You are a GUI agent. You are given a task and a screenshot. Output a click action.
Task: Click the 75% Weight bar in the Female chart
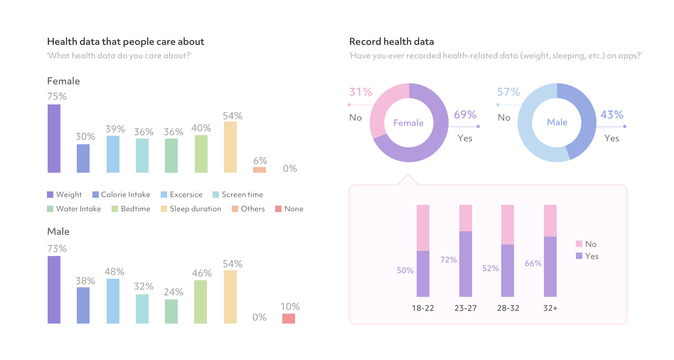(x=54, y=138)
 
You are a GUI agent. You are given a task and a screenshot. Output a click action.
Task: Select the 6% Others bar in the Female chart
(x=260, y=170)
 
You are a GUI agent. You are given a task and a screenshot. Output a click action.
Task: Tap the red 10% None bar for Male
(x=289, y=318)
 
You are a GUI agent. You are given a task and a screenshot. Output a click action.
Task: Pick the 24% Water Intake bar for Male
(x=171, y=311)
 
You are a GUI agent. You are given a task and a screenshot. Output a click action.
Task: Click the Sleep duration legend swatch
(x=164, y=209)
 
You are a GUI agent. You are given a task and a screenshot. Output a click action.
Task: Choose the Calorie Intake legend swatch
(x=96, y=195)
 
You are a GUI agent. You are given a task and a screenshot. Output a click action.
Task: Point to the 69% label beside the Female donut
(x=465, y=115)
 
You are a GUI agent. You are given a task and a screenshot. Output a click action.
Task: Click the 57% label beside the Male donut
(x=508, y=92)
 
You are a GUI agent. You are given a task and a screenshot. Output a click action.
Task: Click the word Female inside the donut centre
(x=408, y=123)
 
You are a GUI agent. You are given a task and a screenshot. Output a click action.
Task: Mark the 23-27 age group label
(x=465, y=308)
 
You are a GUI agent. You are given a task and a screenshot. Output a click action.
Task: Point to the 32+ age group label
(x=550, y=308)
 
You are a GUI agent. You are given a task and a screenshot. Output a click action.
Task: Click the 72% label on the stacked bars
(x=448, y=260)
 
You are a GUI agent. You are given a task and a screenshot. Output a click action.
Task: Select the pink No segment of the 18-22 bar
(x=423, y=228)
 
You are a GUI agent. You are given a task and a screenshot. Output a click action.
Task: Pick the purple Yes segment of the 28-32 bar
(x=508, y=270)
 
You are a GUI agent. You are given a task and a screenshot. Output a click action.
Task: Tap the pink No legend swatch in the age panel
(x=579, y=244)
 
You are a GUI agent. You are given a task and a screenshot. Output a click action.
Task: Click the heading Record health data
(x=391, y=42)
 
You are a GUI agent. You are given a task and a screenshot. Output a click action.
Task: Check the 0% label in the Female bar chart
(x=290, y=169)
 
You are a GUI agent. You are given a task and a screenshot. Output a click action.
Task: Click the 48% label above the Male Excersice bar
(x=114, y=272)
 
